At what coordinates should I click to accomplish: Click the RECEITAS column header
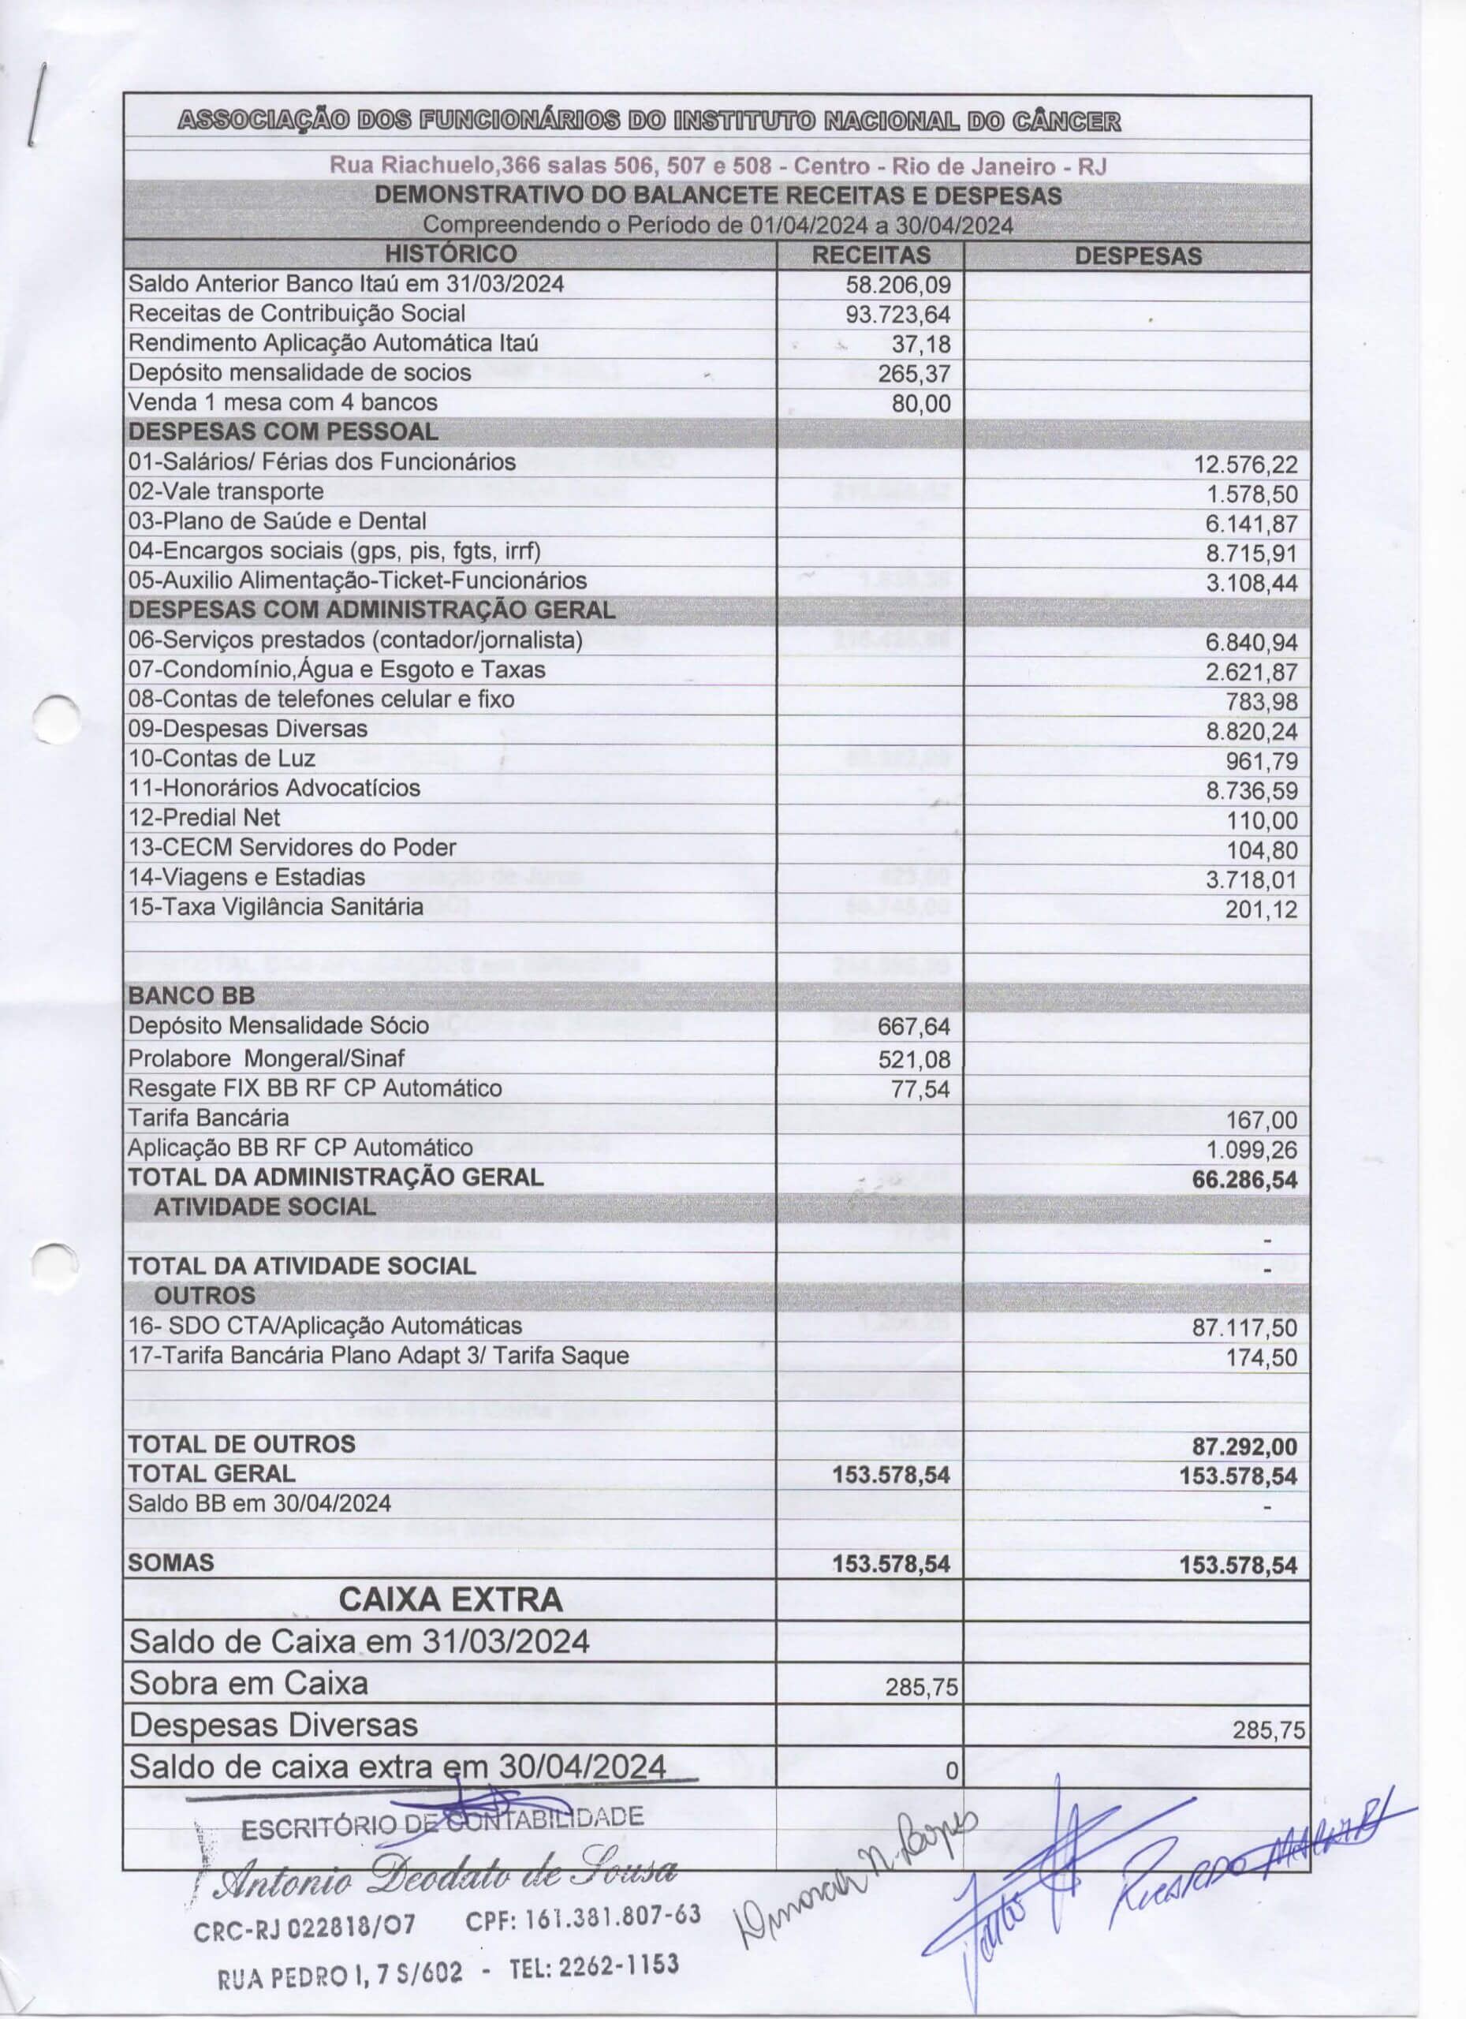[871, 255]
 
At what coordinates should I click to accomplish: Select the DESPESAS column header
[1138, 256]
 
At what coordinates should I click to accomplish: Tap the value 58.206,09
[898, 285]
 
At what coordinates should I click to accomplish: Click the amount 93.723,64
[898, 314]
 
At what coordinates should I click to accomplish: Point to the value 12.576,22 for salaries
[1251, 465]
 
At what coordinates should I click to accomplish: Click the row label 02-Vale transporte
[226, 491]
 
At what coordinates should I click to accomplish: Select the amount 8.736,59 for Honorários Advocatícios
[1251, 791]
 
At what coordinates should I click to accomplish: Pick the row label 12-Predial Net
[203, 817]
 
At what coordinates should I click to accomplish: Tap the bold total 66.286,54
[1244, 1181]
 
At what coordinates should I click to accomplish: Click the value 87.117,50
[1244, 1328]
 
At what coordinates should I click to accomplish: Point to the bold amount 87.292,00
[1244, 1446]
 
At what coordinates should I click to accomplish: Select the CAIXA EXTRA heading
[450, 1599]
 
